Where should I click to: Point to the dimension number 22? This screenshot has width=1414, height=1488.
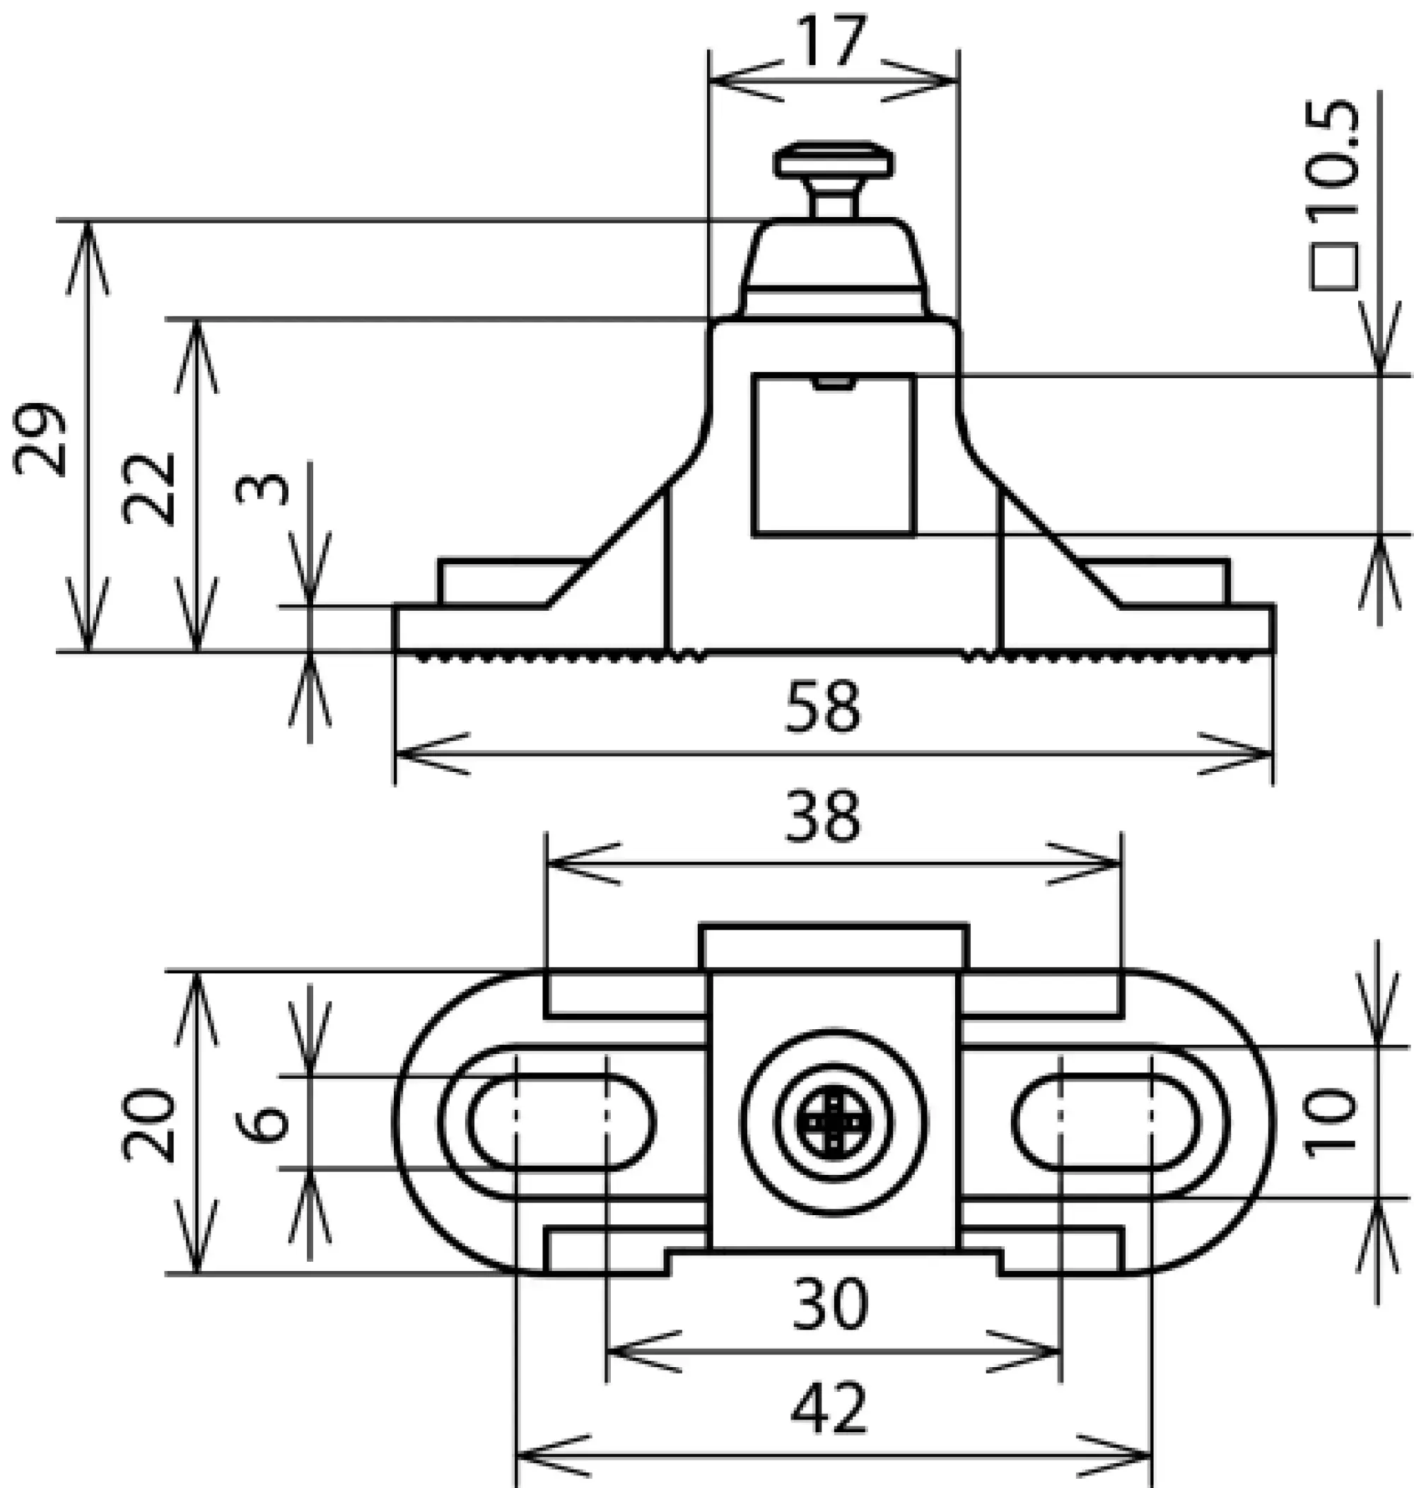click(148, 488)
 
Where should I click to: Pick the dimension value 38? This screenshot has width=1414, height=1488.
click(822, 816)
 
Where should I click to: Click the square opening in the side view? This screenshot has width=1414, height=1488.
click(834, 455)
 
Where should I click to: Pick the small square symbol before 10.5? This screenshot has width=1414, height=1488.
click(1334, 266)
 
